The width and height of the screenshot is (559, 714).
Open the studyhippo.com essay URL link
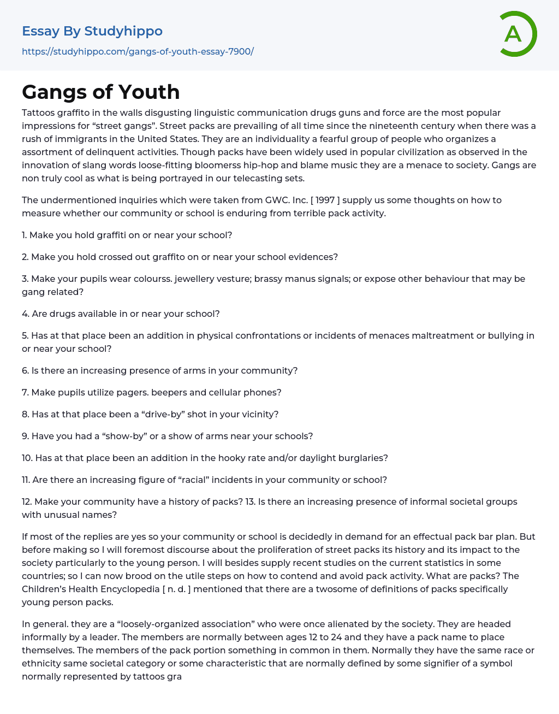click(x=138, y=51)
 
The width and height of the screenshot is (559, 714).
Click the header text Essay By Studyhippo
click(x=92, y=31)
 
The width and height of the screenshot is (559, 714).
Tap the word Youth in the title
click(x=149, y=92)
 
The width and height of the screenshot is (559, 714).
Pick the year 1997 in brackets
click(x=325, y=200)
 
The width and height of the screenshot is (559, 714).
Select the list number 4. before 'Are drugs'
click(x=25, y=314)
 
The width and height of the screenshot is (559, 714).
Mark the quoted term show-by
click(x=104, y=436)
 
